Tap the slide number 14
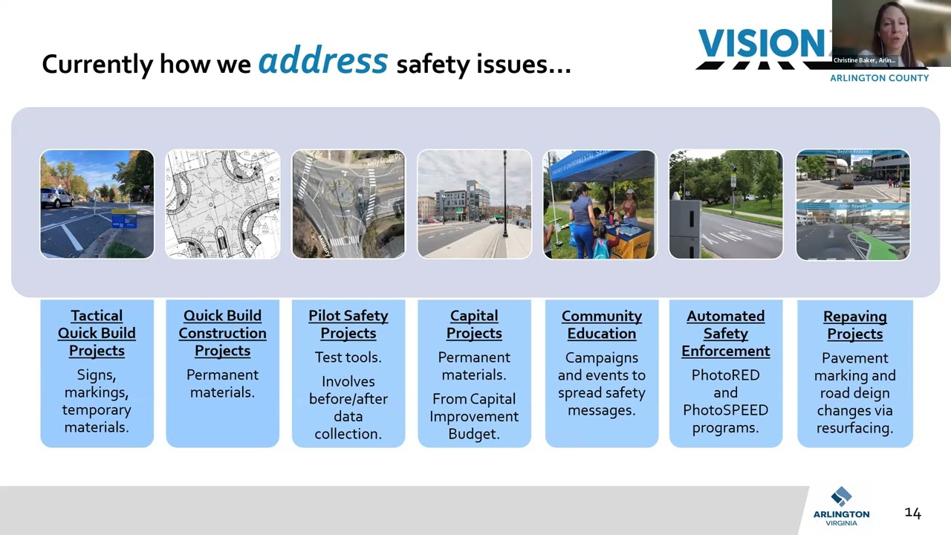point(912,513)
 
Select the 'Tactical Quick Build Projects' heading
point(97,333)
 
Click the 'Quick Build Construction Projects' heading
point(222,333)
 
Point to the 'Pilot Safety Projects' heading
point(348,325)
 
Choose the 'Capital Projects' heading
point(474,325)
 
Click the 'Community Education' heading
point(601,325)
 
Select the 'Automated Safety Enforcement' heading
point(726,333)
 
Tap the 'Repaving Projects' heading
point(854,325)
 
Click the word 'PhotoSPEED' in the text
point(725,409)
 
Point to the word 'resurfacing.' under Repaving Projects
point(854,428)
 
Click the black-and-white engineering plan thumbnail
point(222,204)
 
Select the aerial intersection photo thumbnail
point(348,204)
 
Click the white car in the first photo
point(56,198)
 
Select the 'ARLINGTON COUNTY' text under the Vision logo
point(879,78)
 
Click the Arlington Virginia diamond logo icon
point(841,496)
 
